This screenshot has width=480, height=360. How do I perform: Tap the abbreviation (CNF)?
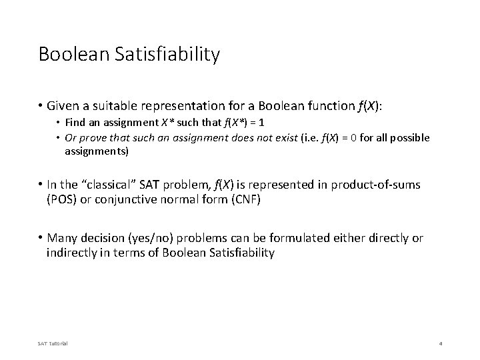[x=243, y=199]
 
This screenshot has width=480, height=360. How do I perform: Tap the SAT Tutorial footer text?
[x=53, y=343]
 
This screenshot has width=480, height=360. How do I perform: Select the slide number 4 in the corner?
[x=441, y=343]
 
